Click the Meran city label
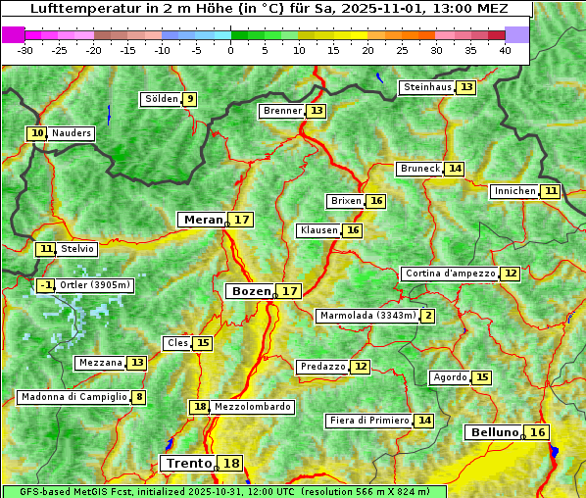pos(204,220)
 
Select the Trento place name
pos(189,463)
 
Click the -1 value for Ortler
pos(46,285)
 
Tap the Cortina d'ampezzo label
pos(450,274)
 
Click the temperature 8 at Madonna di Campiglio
pos(139,397)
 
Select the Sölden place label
pos(162,99)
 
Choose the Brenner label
pos(283,111)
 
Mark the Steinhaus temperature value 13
pos(466,87)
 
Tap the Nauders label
pos(72,133)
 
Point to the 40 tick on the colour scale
pos(505,50)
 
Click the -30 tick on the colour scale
pos(25,50)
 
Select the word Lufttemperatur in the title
pos(77,9)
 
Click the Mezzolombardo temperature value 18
pos(200,407)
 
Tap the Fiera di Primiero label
pos(368,420)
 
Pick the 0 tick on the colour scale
pos(231,50)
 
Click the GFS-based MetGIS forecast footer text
pos(223,491)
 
